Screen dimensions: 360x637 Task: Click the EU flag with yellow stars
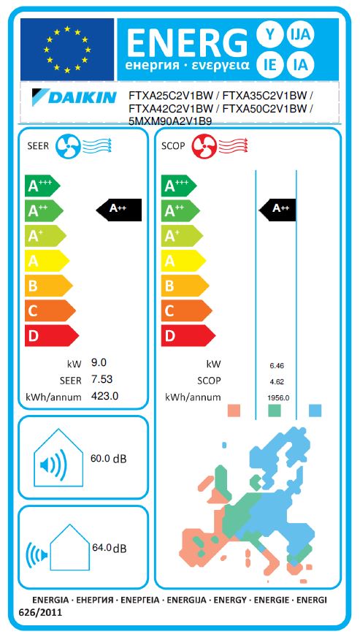point(67,49)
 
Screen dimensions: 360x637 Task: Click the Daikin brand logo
point(74,97)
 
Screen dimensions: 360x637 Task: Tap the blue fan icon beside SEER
point(66,146)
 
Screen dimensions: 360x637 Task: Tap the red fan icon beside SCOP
point(203,146)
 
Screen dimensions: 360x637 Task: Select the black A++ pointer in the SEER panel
point(118,210)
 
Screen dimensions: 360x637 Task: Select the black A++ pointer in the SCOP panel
point(277,210)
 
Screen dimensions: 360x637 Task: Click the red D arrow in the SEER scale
point(52,335)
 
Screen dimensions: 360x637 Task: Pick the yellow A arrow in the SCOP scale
point(183,261)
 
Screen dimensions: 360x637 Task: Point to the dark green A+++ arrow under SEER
point(42,186)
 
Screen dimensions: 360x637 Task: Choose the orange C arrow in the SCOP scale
point(186,310)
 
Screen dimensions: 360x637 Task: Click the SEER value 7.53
point(102,379)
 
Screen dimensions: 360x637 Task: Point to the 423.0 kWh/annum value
point(105,396)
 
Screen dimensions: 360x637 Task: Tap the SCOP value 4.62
point(277,382)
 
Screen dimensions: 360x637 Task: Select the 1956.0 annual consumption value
point(278,398)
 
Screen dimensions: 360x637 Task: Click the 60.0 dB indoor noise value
point(108,459)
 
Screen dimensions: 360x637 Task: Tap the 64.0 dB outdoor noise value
point(110,548)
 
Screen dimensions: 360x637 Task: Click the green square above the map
point(275,411)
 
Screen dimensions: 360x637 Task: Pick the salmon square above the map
point(234,411)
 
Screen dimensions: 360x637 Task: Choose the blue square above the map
point(315,411)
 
